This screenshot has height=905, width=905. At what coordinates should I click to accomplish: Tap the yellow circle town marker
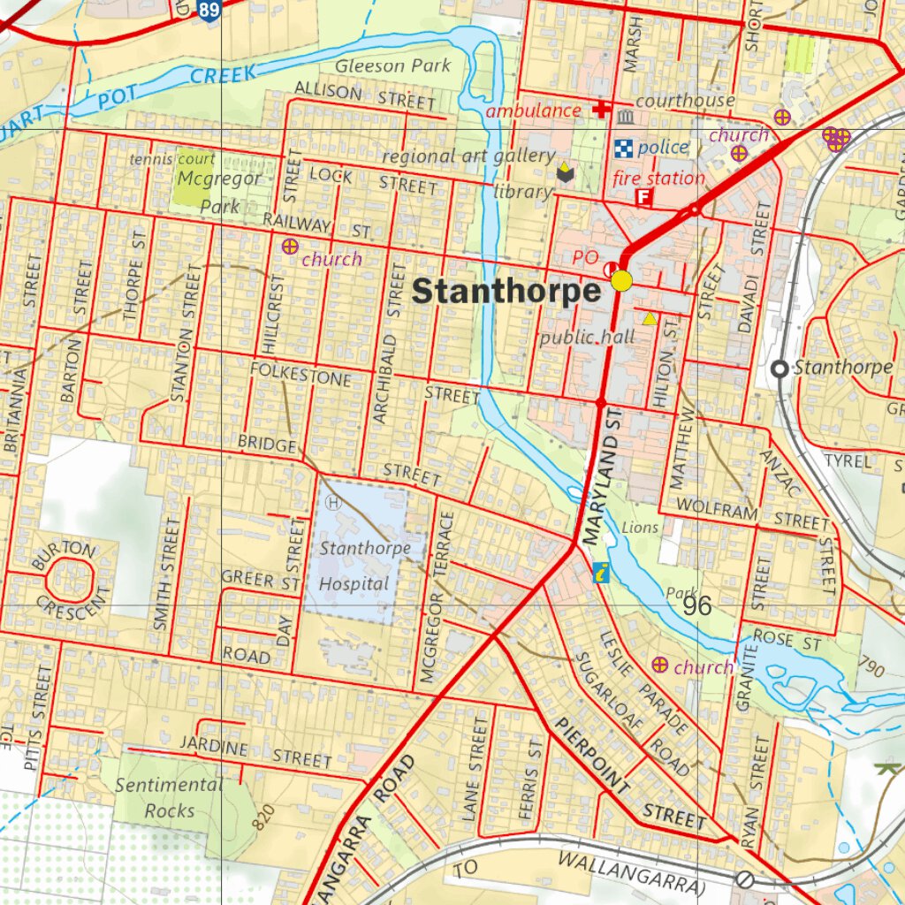622,281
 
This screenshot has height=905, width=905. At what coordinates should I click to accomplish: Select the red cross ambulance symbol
601,110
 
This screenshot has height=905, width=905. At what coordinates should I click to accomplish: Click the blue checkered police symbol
624,148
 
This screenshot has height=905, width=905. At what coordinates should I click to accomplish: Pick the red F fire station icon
643,198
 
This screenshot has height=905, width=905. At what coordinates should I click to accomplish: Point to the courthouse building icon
626,118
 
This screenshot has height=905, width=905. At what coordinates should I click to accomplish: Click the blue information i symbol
601,573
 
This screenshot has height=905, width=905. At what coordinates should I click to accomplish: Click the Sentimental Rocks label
169,797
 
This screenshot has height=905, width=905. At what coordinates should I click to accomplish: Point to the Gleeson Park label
392,65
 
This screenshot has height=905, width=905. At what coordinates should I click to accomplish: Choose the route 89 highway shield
209,11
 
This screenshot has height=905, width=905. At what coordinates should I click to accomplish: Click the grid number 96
696,605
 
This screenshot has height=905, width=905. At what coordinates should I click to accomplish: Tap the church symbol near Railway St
289,247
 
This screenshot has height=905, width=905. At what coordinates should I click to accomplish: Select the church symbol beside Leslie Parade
659,665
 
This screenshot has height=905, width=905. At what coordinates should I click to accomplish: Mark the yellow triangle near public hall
650,319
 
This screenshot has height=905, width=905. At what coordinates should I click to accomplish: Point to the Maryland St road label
604,483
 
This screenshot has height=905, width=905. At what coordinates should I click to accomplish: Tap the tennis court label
172,159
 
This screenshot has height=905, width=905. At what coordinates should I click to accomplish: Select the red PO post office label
585,257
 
